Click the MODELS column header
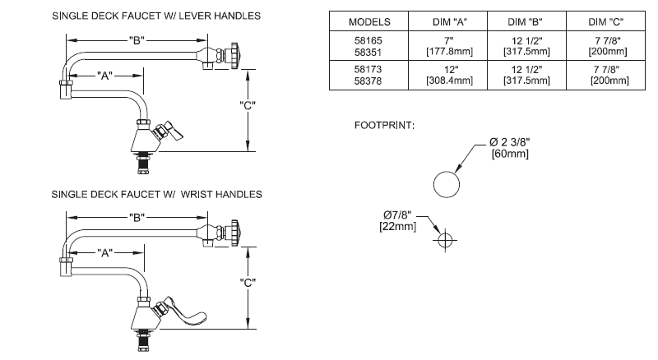(x=369, y=21)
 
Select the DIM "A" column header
(x=447, y=21)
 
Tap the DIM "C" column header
(x=609, y=21)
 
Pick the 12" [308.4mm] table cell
(x=447, y=76)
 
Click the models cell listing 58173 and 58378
(x=369, y=76)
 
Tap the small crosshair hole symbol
(x=445, y=241)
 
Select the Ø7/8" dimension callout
(x=400, y=220)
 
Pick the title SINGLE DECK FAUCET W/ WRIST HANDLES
(x=156, y=194)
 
